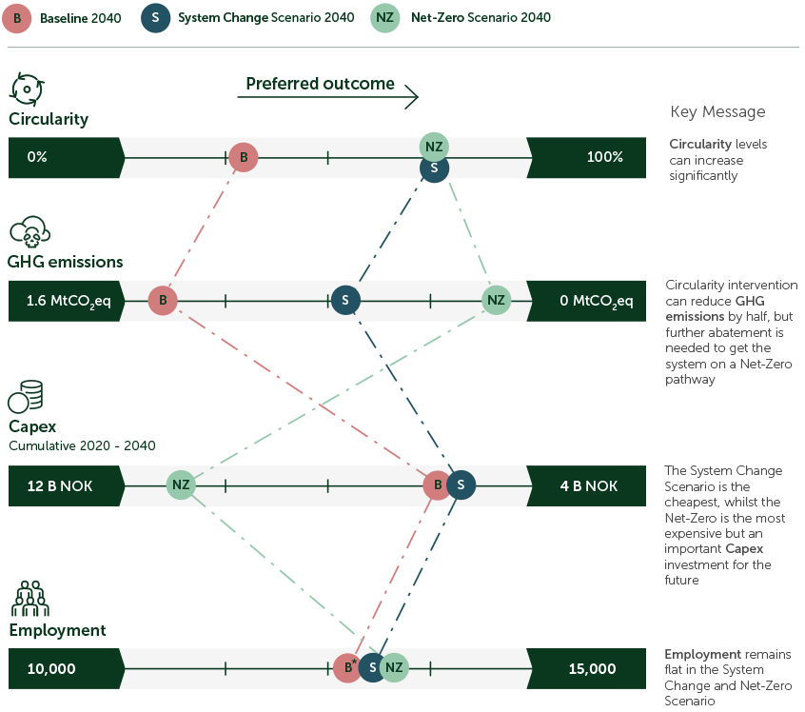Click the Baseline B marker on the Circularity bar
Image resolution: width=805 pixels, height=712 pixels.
click(243, 157)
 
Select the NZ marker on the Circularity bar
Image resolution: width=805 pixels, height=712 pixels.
click(434, 147)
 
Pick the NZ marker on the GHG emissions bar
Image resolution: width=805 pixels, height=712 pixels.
click(495, 301)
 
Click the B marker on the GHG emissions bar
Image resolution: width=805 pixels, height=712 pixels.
click(163, 301)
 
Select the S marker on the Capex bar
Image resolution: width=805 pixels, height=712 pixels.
click(461, 485)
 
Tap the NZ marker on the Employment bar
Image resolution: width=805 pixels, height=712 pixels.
click(394, 669)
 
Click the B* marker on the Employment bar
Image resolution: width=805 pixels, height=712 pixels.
click(347, 669)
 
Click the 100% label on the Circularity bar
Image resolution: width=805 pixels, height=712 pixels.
click(604, 157)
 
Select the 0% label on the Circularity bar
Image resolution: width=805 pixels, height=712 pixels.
click(37, 157)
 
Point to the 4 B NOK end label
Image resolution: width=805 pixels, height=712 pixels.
click(588, 486)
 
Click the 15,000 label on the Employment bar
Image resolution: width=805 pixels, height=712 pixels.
click(592, 669)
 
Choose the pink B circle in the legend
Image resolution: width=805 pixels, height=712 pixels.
click(20, 17)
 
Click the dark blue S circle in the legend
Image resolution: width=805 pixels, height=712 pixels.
click(155, 17)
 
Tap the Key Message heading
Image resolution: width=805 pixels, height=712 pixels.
click(717, 112)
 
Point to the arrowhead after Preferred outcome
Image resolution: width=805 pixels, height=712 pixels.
click(412, 94)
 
